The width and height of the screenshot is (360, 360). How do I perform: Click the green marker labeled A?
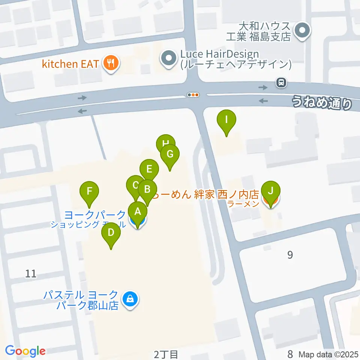138,213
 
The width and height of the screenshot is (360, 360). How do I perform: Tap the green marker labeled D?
111,233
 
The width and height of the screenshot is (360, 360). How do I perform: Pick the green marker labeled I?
226,120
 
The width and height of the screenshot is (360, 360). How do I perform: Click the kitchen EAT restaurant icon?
111,63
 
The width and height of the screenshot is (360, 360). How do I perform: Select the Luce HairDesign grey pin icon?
168,58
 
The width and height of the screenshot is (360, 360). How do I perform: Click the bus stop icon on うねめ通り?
280,82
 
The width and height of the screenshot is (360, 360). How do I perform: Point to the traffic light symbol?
193,95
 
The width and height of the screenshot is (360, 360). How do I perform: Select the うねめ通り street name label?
322,103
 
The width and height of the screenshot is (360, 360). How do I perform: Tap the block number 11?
31,274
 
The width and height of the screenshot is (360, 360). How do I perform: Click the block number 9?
289,255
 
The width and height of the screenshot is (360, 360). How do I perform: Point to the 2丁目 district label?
165,354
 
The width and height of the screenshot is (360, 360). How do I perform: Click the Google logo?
25,351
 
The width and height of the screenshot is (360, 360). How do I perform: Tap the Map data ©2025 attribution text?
328,354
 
